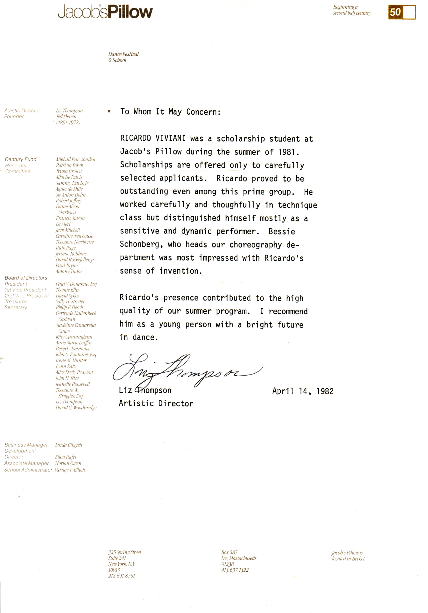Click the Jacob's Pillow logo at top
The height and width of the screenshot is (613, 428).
(105, 12)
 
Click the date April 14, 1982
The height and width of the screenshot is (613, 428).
(303, 391)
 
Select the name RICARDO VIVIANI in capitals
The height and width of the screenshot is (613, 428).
(152, 138)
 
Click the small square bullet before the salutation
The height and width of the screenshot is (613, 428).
(109, 111)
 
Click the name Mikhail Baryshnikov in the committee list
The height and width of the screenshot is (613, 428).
(76, 159)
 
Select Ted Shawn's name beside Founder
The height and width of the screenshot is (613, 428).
(66, 116)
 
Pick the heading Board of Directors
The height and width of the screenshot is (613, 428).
(26, 278)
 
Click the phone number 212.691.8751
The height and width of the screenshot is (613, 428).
(122, 576)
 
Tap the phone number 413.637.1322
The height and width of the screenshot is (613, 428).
(235, 570)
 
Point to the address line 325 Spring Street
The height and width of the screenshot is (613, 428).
(125, 552)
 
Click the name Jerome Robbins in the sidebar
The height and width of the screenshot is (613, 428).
(71, 254)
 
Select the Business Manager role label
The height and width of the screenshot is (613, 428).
(26, 445)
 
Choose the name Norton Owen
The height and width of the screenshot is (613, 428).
(68, 463)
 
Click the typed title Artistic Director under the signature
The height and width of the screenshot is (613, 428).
(156, 403)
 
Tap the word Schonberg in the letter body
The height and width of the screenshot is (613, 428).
(139, 244)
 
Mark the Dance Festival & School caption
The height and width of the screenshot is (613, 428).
(123, 57)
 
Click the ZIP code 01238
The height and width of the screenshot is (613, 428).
(227, 564)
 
